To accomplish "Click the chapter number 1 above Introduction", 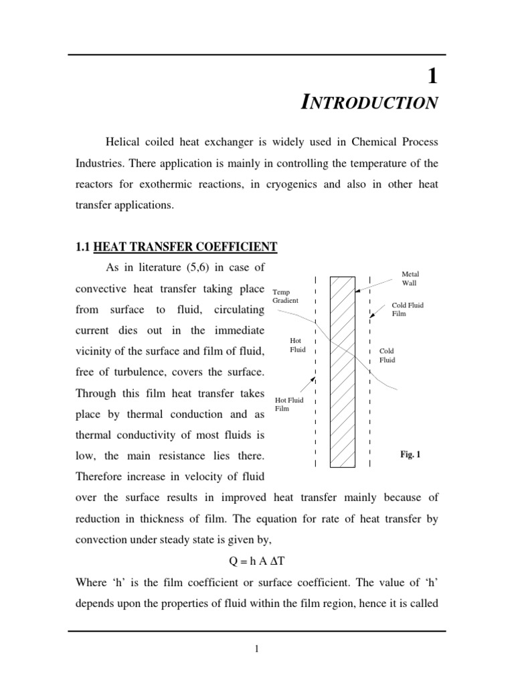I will [432, 77].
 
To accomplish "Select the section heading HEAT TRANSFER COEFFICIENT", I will [185, 247].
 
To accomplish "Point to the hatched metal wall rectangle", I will [343, 371].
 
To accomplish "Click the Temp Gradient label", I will [285, 297].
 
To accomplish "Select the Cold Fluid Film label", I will [408, 309].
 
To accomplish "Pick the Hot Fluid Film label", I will [289, 404].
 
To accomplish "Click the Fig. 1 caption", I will [410, 454].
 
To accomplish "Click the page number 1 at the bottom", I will [256, 649].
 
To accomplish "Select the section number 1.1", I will [83, 247].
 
